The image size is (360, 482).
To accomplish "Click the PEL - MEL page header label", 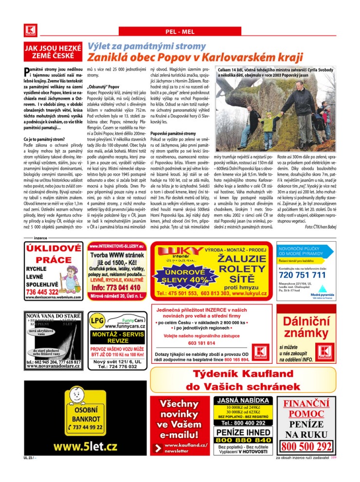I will click(x=180, y=32).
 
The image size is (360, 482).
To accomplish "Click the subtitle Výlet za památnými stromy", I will click(x=140, y=46).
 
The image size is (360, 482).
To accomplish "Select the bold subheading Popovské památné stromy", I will click(x=173, y=133).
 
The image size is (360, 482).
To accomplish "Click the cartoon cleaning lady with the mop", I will click(x=73, y=272).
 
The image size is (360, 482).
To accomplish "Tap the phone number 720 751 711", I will click(x=302, y=275).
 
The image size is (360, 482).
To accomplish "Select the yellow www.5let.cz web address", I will click(x=86, y=446).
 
